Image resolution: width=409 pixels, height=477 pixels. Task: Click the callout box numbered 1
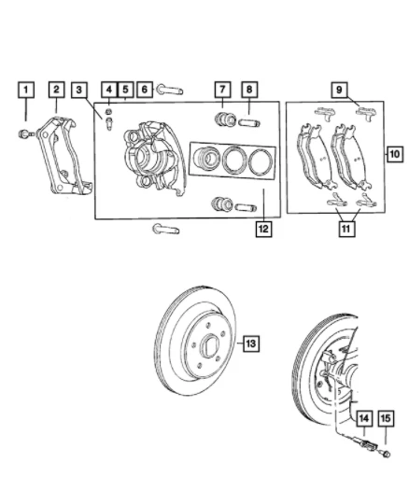point(27,90)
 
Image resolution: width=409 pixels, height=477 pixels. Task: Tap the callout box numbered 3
point(82,90)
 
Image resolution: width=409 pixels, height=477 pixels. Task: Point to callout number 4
point(109,90)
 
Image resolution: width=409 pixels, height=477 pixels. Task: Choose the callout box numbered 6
point(145,90)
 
